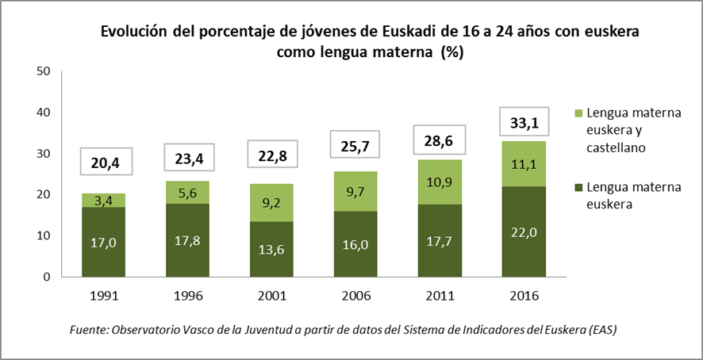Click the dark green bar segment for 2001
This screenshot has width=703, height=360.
click(271, 249)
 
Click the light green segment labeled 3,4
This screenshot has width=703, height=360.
click(104, 200)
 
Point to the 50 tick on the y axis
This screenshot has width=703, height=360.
click(44, 71)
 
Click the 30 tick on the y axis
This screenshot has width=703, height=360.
click(44, 154)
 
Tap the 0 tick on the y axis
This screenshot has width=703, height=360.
click(48, 277)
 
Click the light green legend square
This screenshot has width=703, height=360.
click(576, 113)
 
